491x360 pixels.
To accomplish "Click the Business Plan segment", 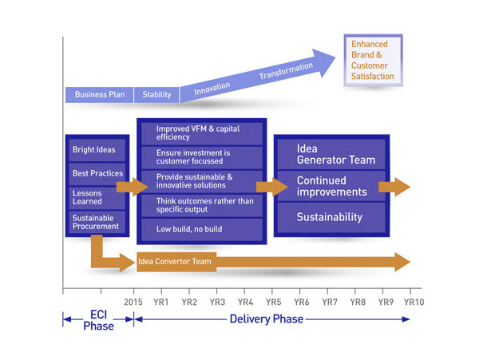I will [99, 95].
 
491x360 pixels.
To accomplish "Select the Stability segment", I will [156, 95].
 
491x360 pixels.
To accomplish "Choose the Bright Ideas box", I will [95, 149].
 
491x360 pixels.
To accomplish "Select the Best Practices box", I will [97, 173].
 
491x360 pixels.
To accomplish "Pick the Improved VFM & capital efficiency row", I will [202, 133].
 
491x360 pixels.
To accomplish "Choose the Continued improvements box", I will [331, 187].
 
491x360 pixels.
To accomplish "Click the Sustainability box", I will [331, 217].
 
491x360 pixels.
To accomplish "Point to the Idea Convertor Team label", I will [175, 261].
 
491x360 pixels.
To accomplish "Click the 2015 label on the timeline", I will [133, 302].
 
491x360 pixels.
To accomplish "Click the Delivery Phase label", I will [266, 319].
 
